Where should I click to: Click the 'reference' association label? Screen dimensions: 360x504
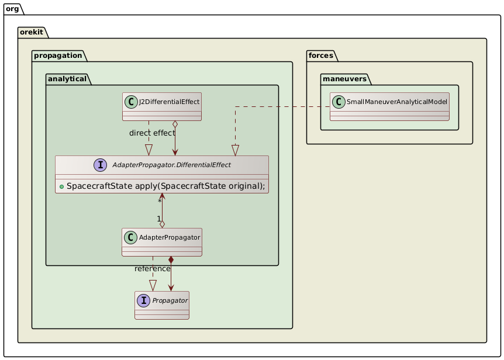point(152,269)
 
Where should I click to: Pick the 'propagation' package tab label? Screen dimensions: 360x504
point(57,56)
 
